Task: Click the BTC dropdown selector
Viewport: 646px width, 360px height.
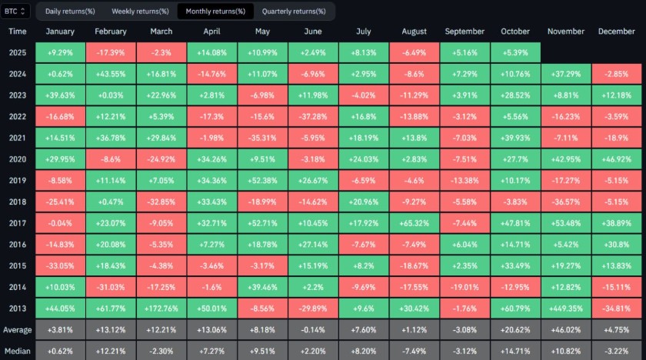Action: (x=16, y=11)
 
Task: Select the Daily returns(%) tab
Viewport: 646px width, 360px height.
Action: (x=70, y=11)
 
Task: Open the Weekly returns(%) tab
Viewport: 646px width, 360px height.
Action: (x=140, y=11)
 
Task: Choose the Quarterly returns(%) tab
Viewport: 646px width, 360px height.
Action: (x=294, y=11)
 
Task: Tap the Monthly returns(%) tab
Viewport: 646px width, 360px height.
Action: (x=215, y=11)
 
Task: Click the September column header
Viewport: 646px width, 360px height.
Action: (x=465, y=32)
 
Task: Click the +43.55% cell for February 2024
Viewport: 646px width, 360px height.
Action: (x=111, y=73)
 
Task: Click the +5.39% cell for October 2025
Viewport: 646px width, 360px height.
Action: (x=516, y=52)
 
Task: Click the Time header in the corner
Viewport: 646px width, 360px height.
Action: (x=18, y=32)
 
